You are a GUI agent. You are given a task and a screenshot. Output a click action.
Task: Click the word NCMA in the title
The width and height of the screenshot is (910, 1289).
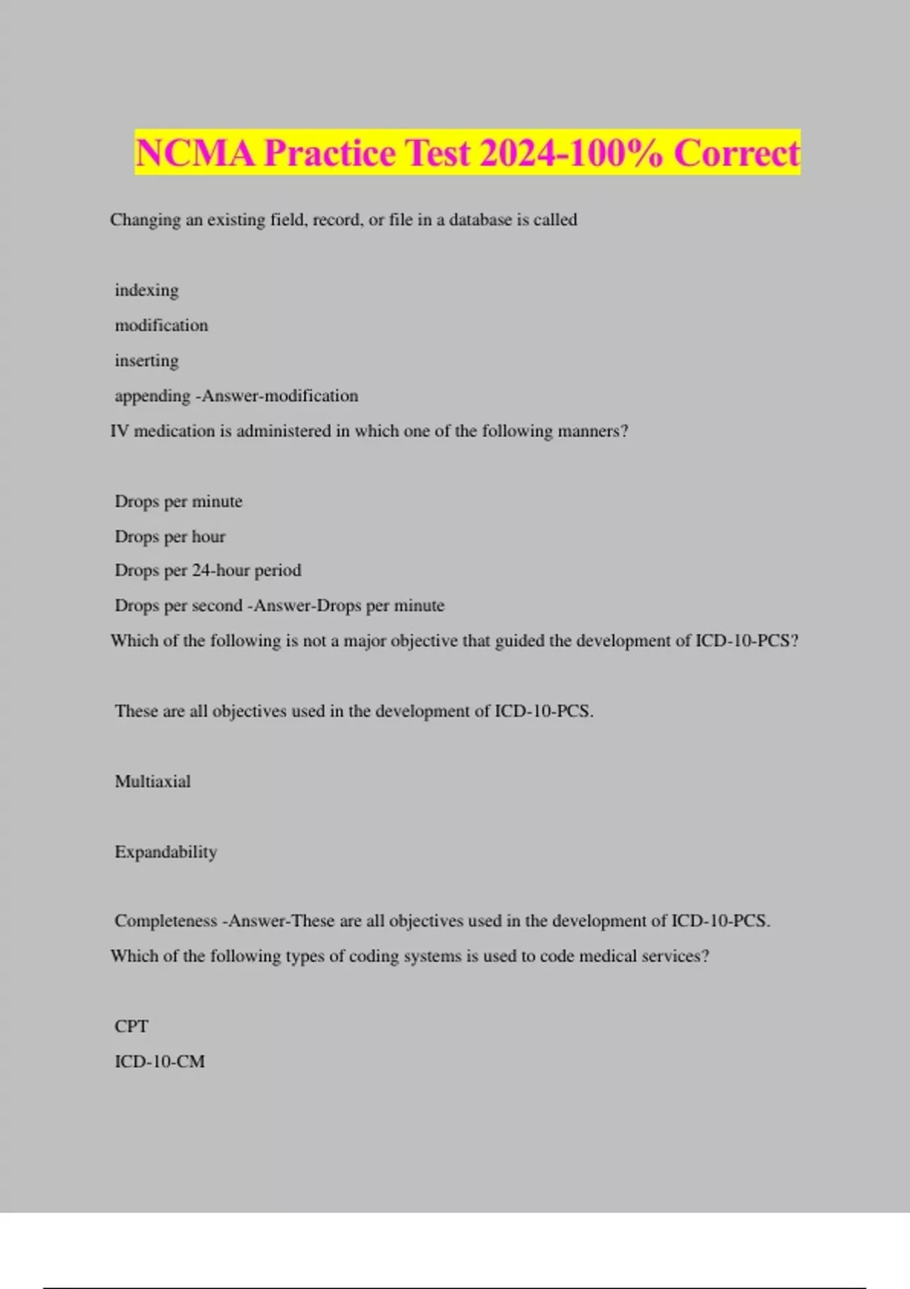pyautogui.click(x=195, y=153)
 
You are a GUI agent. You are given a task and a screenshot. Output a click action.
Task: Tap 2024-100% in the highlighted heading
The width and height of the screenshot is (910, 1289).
pyautogui.click(x=571, y=153)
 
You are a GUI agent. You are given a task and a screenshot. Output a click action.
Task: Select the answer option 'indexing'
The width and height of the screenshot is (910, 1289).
pyautogui.click(x=146, y=290)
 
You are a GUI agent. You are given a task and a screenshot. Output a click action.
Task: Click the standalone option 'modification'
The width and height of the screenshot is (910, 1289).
pyautogui.click(x=161, y=325)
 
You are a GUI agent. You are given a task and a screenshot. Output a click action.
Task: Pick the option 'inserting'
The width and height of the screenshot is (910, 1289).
pyautogui.click(x=146, y=361)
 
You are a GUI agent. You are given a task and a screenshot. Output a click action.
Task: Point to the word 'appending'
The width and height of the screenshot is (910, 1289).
pyautogui.click(x=152, y=396)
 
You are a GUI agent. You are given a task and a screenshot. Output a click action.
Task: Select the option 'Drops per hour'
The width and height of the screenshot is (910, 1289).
pyautogui.click(x=170, y=537)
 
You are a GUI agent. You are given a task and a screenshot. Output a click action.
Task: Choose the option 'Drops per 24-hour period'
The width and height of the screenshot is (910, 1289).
pyautogui.click(x=208, y=570)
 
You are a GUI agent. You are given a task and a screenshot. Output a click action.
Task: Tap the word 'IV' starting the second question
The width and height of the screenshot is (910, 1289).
pyautogui.click(x=119, y=431)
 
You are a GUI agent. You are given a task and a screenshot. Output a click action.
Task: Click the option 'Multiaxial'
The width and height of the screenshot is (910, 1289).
pyautogui.click(x=152, y=782)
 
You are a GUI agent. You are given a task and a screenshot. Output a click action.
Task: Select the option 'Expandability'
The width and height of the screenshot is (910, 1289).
pyautogui.click(x=165, y=852)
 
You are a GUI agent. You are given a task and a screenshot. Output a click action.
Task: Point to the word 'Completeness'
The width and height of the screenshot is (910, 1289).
pyautogui.click(x=165, y=921)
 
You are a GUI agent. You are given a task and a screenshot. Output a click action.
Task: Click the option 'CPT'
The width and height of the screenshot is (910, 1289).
pyautogui.click(x=131, y=1027)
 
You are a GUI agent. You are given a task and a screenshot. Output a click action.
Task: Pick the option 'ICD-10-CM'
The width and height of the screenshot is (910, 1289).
pyautogui.click(x=159, y=1062)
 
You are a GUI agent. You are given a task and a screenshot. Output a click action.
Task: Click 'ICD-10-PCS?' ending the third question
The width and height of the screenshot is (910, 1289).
pyautogui.click(x=746, y=641)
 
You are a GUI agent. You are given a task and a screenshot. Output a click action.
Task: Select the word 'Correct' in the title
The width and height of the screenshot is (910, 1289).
pyautogui.click(x=736, y=153)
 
